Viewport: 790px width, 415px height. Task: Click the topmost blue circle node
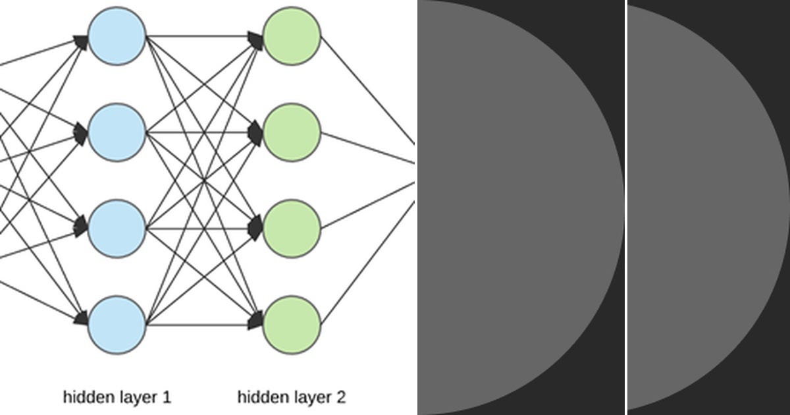117,36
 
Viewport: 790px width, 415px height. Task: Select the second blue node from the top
117,132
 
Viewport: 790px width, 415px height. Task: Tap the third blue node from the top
117,229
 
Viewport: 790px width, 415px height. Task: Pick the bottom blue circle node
117,325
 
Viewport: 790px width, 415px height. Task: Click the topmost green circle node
292,36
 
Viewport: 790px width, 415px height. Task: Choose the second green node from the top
292,132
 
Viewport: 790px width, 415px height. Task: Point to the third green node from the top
292,229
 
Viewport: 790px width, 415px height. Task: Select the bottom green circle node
292,325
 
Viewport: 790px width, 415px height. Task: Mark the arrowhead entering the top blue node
82,41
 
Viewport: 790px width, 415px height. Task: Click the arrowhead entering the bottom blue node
82,319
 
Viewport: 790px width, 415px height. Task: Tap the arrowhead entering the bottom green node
256,322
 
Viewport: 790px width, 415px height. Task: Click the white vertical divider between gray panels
625,207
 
